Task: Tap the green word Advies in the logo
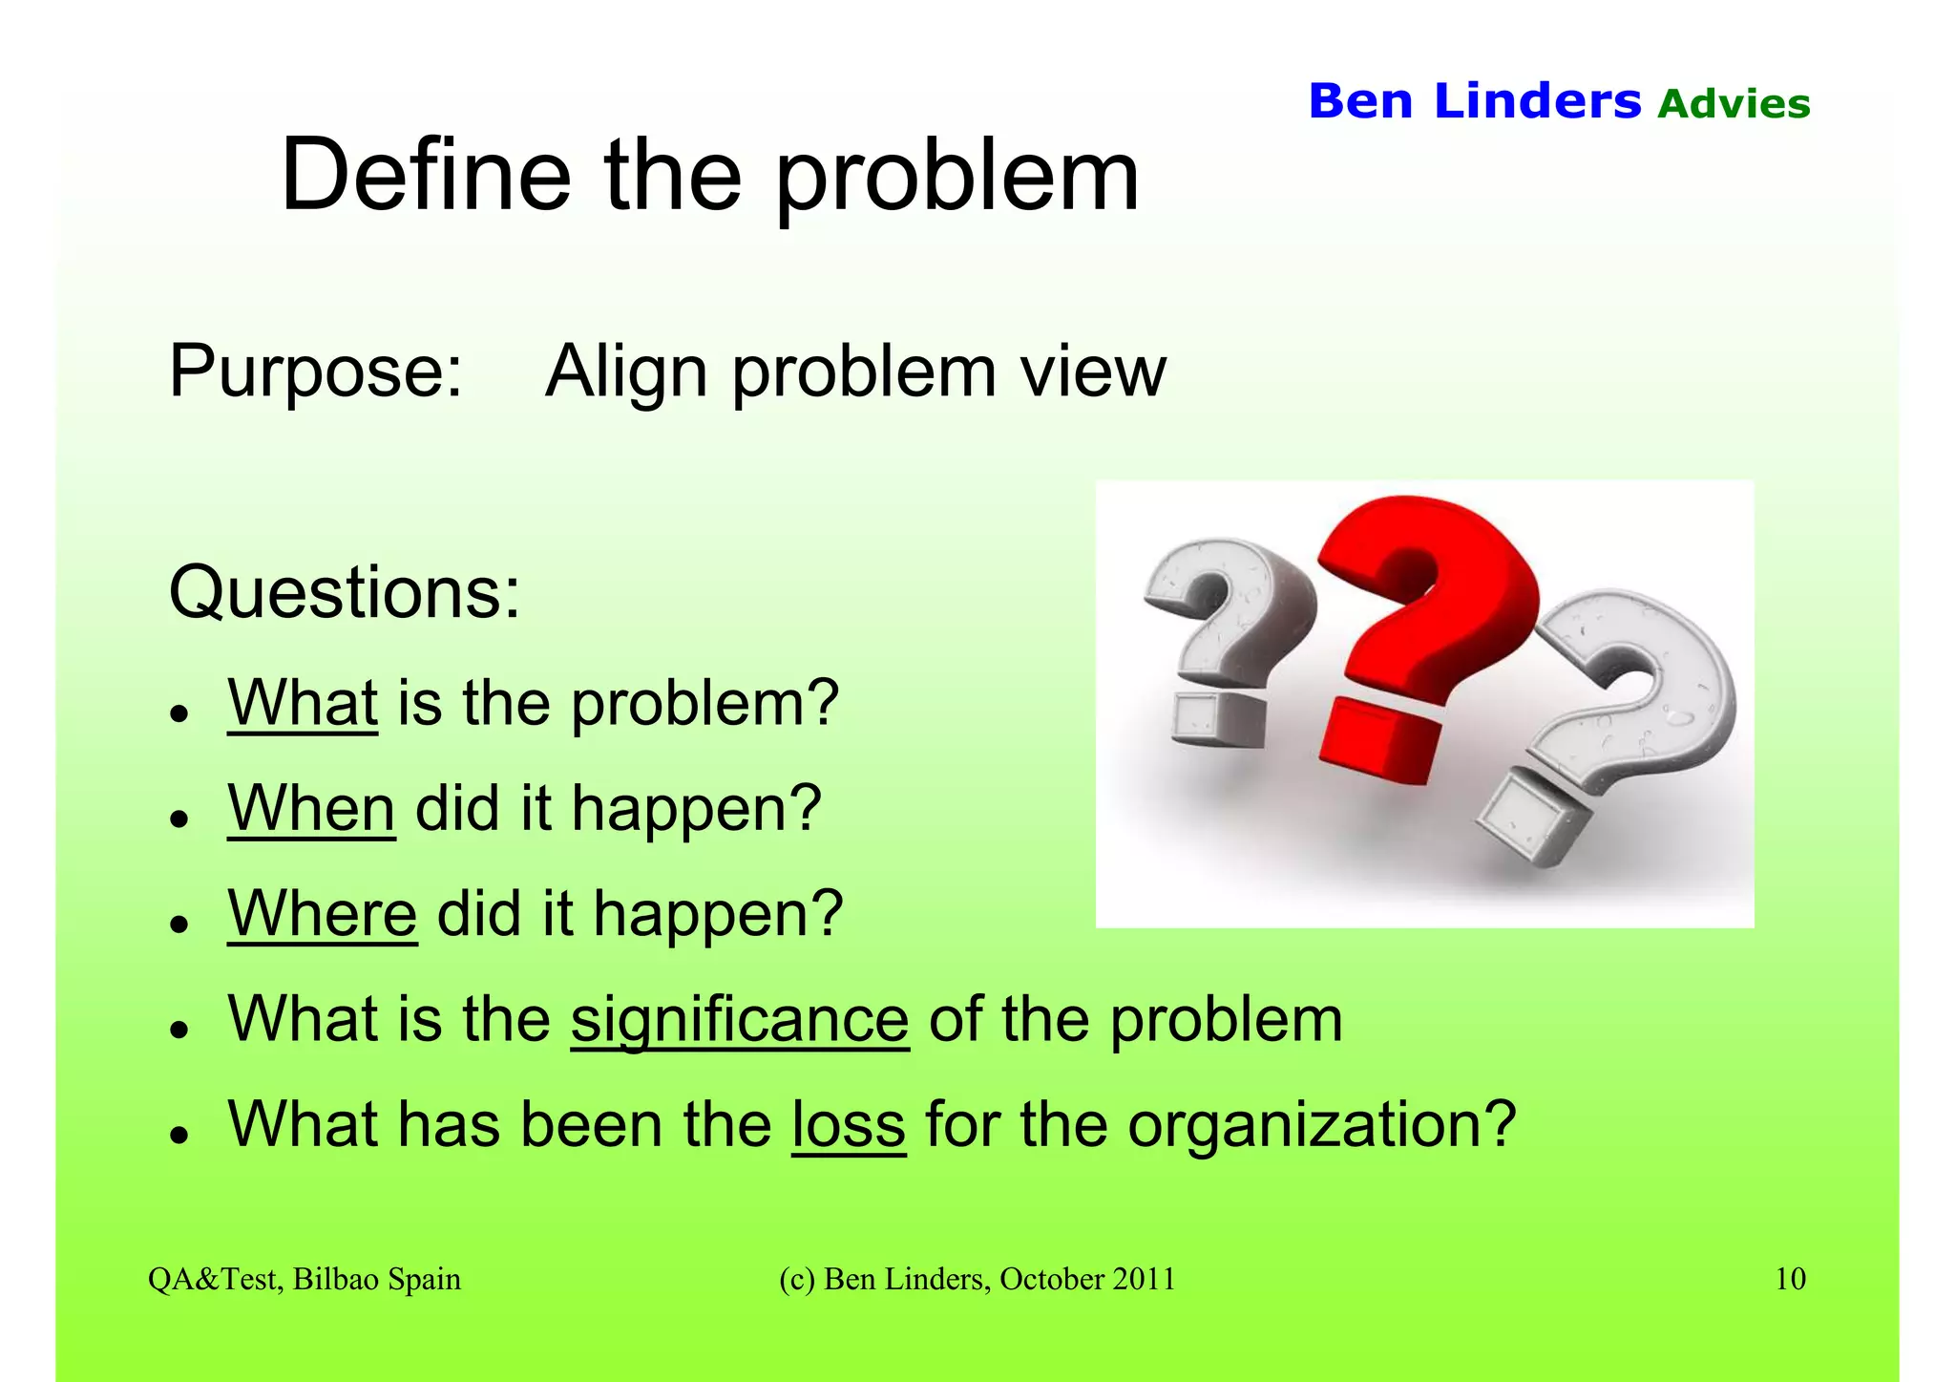[x=1734, y=104]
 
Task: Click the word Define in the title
[x=426, y=176]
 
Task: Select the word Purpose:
[x=316, y=371]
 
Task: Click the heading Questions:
[x=345, y=593]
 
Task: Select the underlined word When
[x=311, y=808]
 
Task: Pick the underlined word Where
[x=322, y=913]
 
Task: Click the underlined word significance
[x=740, y=1019]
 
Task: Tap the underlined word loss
[x=848, y=1124]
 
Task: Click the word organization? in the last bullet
[x=1322, y=1126]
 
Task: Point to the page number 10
[x=1790, y=1279]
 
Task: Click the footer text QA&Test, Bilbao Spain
[x=305, y=1279]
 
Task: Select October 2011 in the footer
[x=1087, y=1279]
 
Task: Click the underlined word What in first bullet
[x=303, y=703]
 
